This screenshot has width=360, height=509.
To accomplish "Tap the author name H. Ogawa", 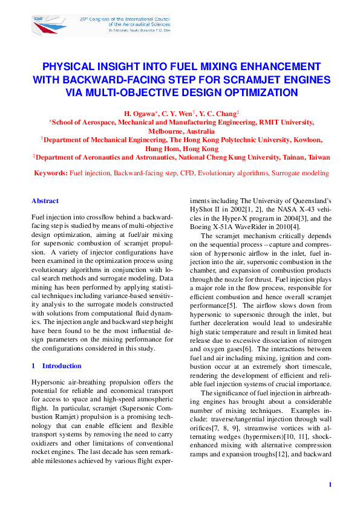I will tap(141, 113).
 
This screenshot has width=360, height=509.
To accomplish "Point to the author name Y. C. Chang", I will tap(220, 113).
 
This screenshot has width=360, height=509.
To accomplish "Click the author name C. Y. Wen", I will tap(179, 113).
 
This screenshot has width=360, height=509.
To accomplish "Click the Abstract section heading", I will tap(45, 201).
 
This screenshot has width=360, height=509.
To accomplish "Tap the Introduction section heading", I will tap(61, 366).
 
